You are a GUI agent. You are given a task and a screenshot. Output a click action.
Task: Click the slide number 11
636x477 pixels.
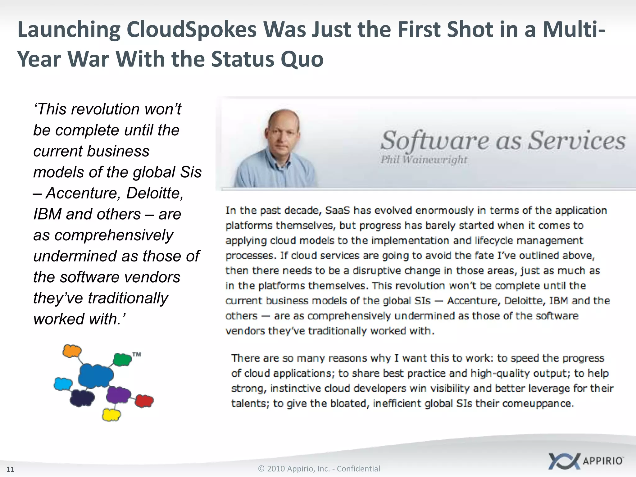point(10,469)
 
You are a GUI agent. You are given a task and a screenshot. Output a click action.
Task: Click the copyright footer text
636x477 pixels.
point(319,469)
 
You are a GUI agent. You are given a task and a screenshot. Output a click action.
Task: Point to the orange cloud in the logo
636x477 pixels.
point(72,351)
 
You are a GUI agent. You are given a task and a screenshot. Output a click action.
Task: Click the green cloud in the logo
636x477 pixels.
point(122,360)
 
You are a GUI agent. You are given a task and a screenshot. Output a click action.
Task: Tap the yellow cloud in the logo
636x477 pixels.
point(111,415)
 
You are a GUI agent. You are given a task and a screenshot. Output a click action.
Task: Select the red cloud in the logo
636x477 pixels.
point(144,401)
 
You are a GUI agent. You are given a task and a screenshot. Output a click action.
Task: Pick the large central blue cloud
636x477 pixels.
point(95,376)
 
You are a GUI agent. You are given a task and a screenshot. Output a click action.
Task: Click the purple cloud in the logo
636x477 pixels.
point(118,395)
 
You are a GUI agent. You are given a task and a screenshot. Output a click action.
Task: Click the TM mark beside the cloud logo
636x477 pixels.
point(137,354)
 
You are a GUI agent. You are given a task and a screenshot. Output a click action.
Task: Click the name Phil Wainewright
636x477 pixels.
point(424,160)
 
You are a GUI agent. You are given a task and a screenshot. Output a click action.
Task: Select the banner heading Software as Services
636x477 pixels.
point(503,140)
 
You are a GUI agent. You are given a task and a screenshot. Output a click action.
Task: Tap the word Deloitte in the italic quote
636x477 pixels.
point(155,193)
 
